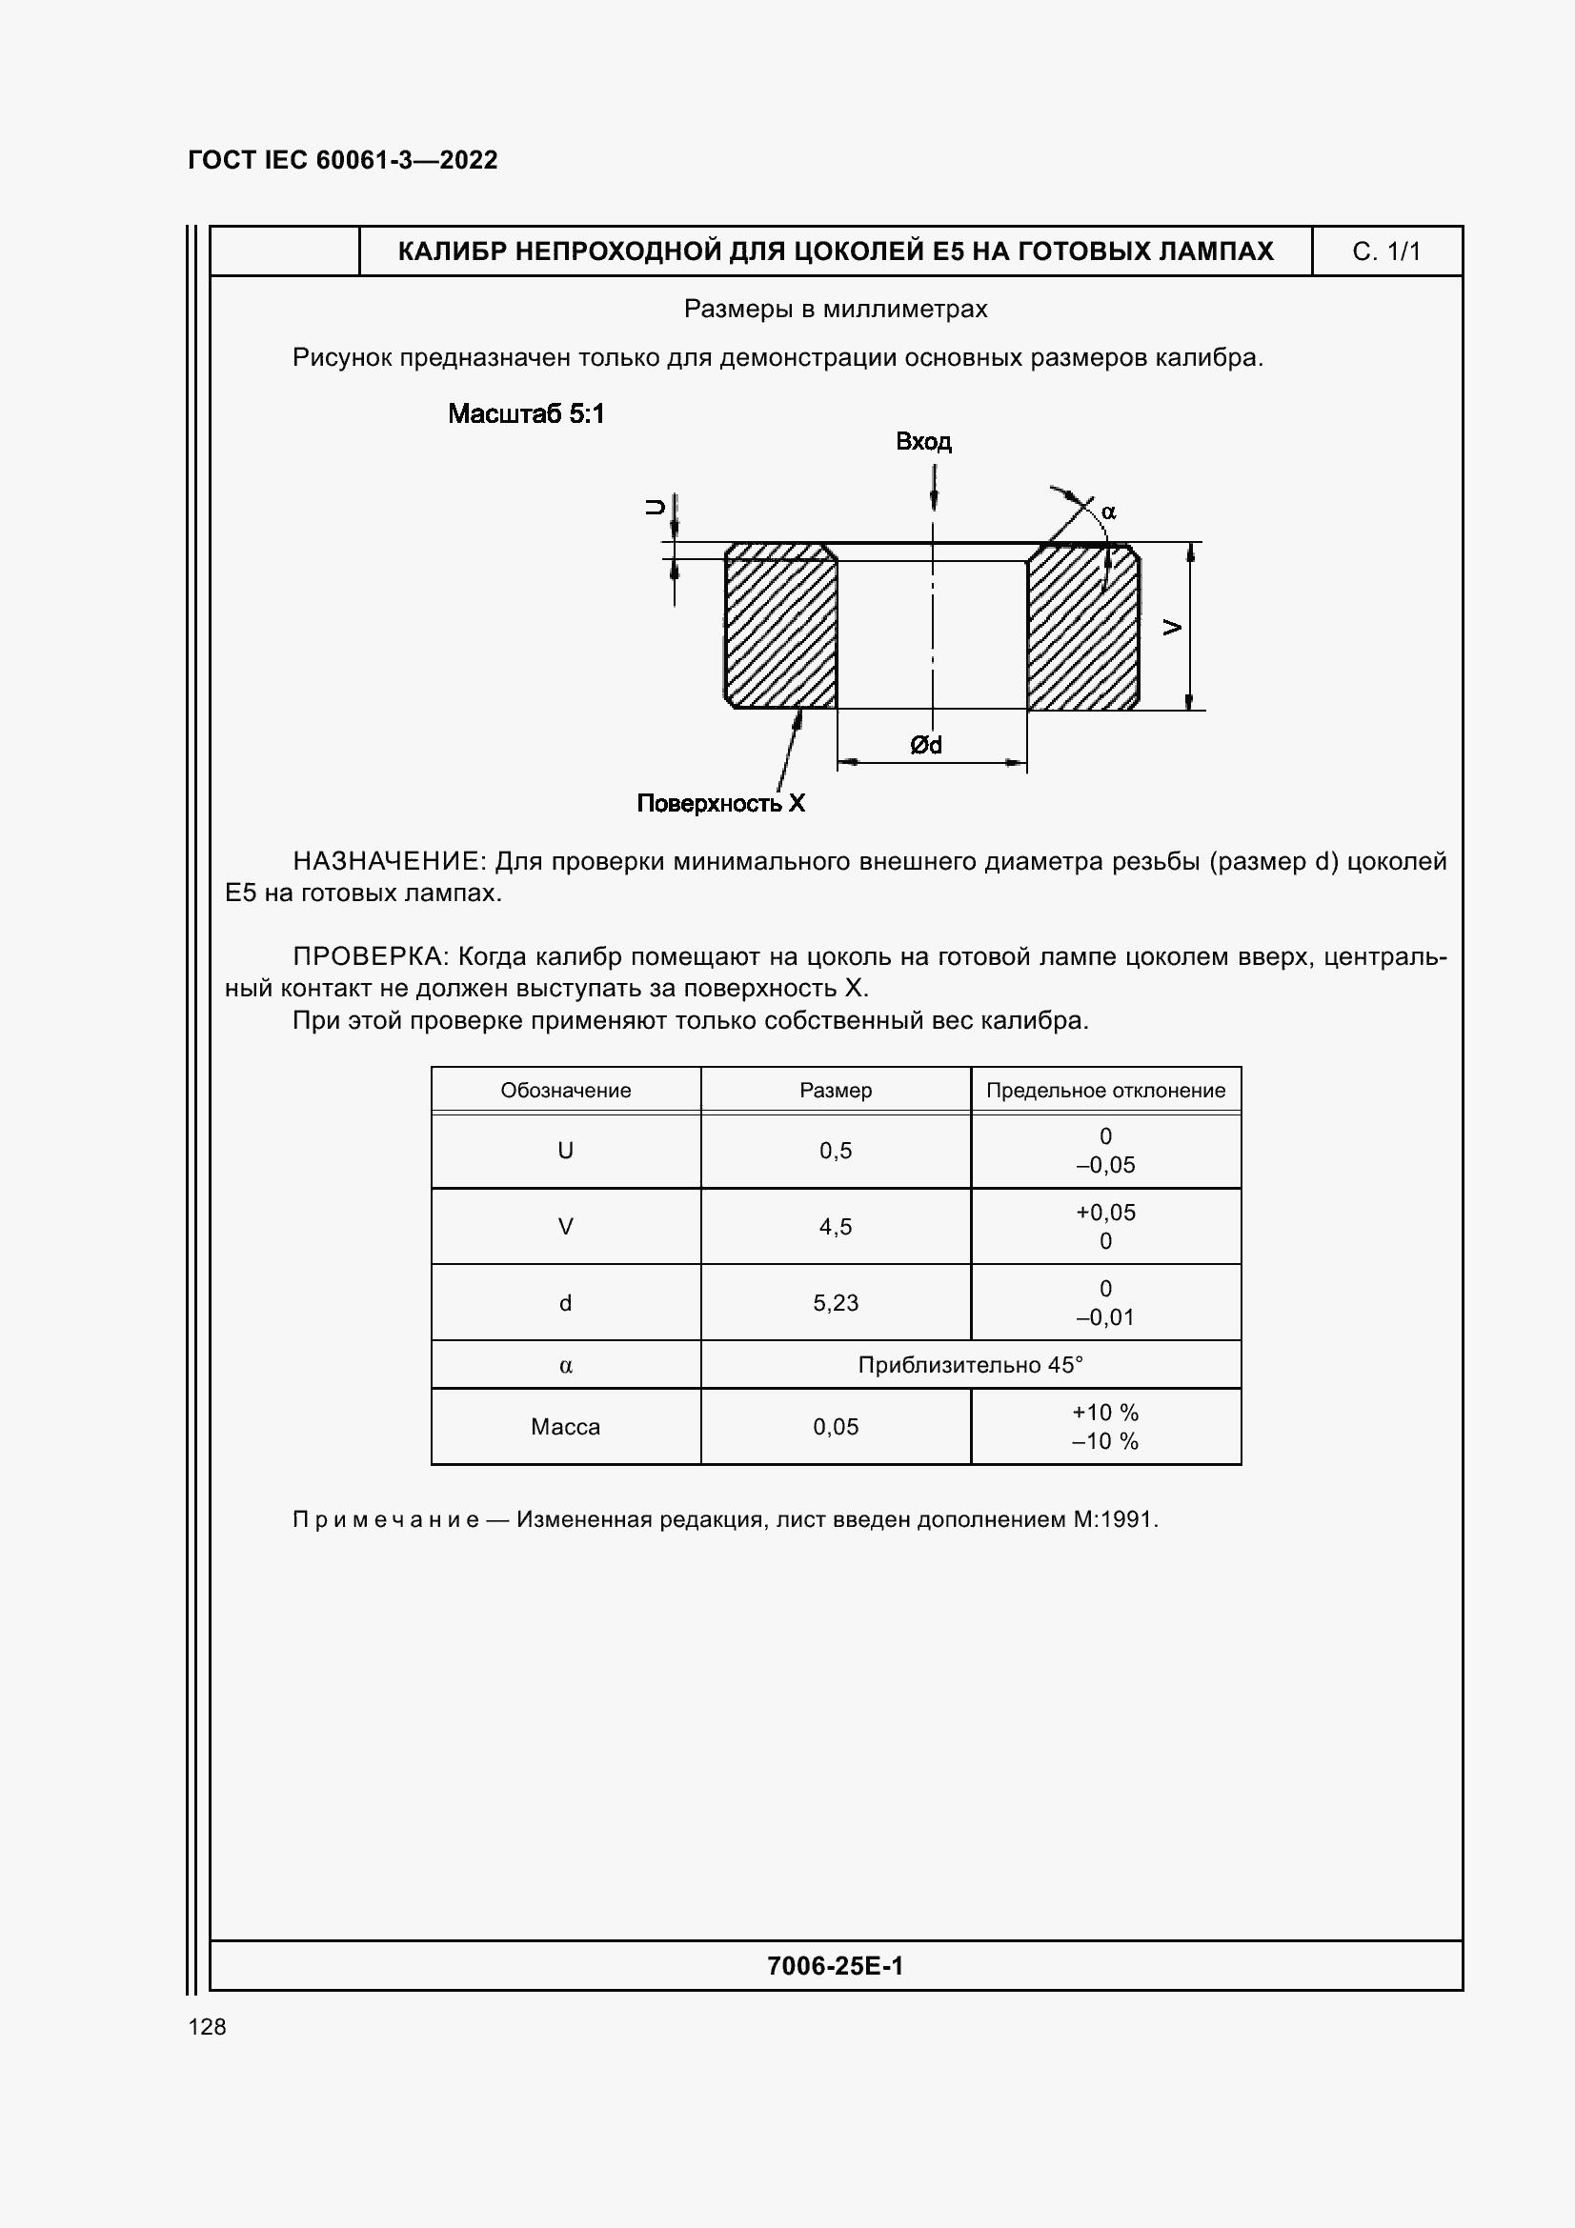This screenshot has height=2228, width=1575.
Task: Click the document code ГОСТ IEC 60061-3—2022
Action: pos(343,160)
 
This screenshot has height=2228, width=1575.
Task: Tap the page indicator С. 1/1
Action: pos(1385,252)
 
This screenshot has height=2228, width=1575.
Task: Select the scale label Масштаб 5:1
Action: pos(526,414)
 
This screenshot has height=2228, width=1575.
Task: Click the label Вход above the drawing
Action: pos(923,443)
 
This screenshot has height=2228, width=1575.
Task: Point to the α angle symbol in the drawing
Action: pos(1108,512)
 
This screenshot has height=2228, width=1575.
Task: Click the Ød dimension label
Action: pos(926,745)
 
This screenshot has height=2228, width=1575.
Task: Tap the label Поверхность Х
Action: pos(721,804)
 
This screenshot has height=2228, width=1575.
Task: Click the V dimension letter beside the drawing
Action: pos(1172,628)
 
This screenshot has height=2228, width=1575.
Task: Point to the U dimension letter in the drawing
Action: pos(656,507)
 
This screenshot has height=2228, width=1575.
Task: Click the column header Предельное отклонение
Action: pos(1105,1091)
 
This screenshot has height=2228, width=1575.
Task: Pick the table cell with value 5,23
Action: pos(836,1303)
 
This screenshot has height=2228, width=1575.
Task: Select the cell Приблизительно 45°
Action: pos(969,1365)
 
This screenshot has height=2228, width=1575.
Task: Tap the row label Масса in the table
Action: pos(565,1428)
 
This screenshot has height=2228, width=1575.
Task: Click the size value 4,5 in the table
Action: pos(836,1228)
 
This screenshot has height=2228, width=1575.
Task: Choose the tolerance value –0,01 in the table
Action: pos(1105,1317)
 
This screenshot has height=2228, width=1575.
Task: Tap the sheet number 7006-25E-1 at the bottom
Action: pos(835,1966)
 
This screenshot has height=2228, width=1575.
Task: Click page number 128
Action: pos(207,2027)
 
